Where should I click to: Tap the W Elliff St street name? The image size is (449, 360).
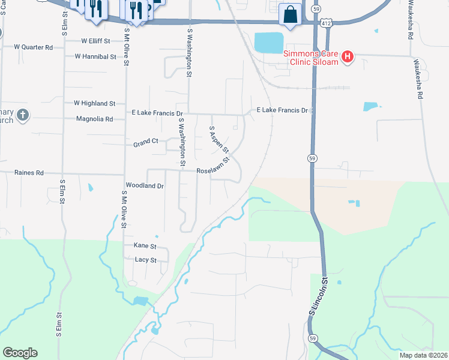tap(97, 41)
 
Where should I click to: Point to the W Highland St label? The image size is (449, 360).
tap(94, 103)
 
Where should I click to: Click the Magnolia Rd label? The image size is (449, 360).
tap(95, 119)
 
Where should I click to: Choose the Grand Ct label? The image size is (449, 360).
tap(145, 142)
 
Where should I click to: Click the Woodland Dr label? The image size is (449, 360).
tap(145, 186)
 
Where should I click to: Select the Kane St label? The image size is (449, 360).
tap(145, 246)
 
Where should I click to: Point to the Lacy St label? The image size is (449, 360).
tap(145, 260)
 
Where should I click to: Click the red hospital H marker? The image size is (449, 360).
tap(347, 58)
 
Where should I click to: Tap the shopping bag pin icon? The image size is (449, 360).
tap(291, 14)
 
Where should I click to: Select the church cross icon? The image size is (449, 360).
tap(22, 115)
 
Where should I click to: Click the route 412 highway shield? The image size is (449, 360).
tap(325, 22)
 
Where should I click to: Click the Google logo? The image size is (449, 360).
tap(20, 353)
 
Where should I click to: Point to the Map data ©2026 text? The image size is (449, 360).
tap(423, 355)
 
